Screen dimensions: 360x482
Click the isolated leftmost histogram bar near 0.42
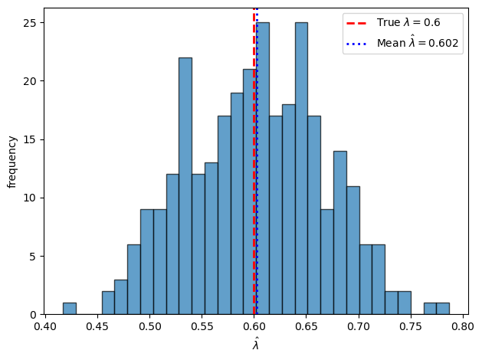coord(69,309)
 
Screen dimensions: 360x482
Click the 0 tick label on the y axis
coord(34,315)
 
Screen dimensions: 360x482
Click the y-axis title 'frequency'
coord(11,162)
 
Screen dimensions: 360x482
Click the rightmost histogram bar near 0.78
coord(443,309)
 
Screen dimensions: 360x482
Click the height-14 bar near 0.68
coord(339,233)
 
